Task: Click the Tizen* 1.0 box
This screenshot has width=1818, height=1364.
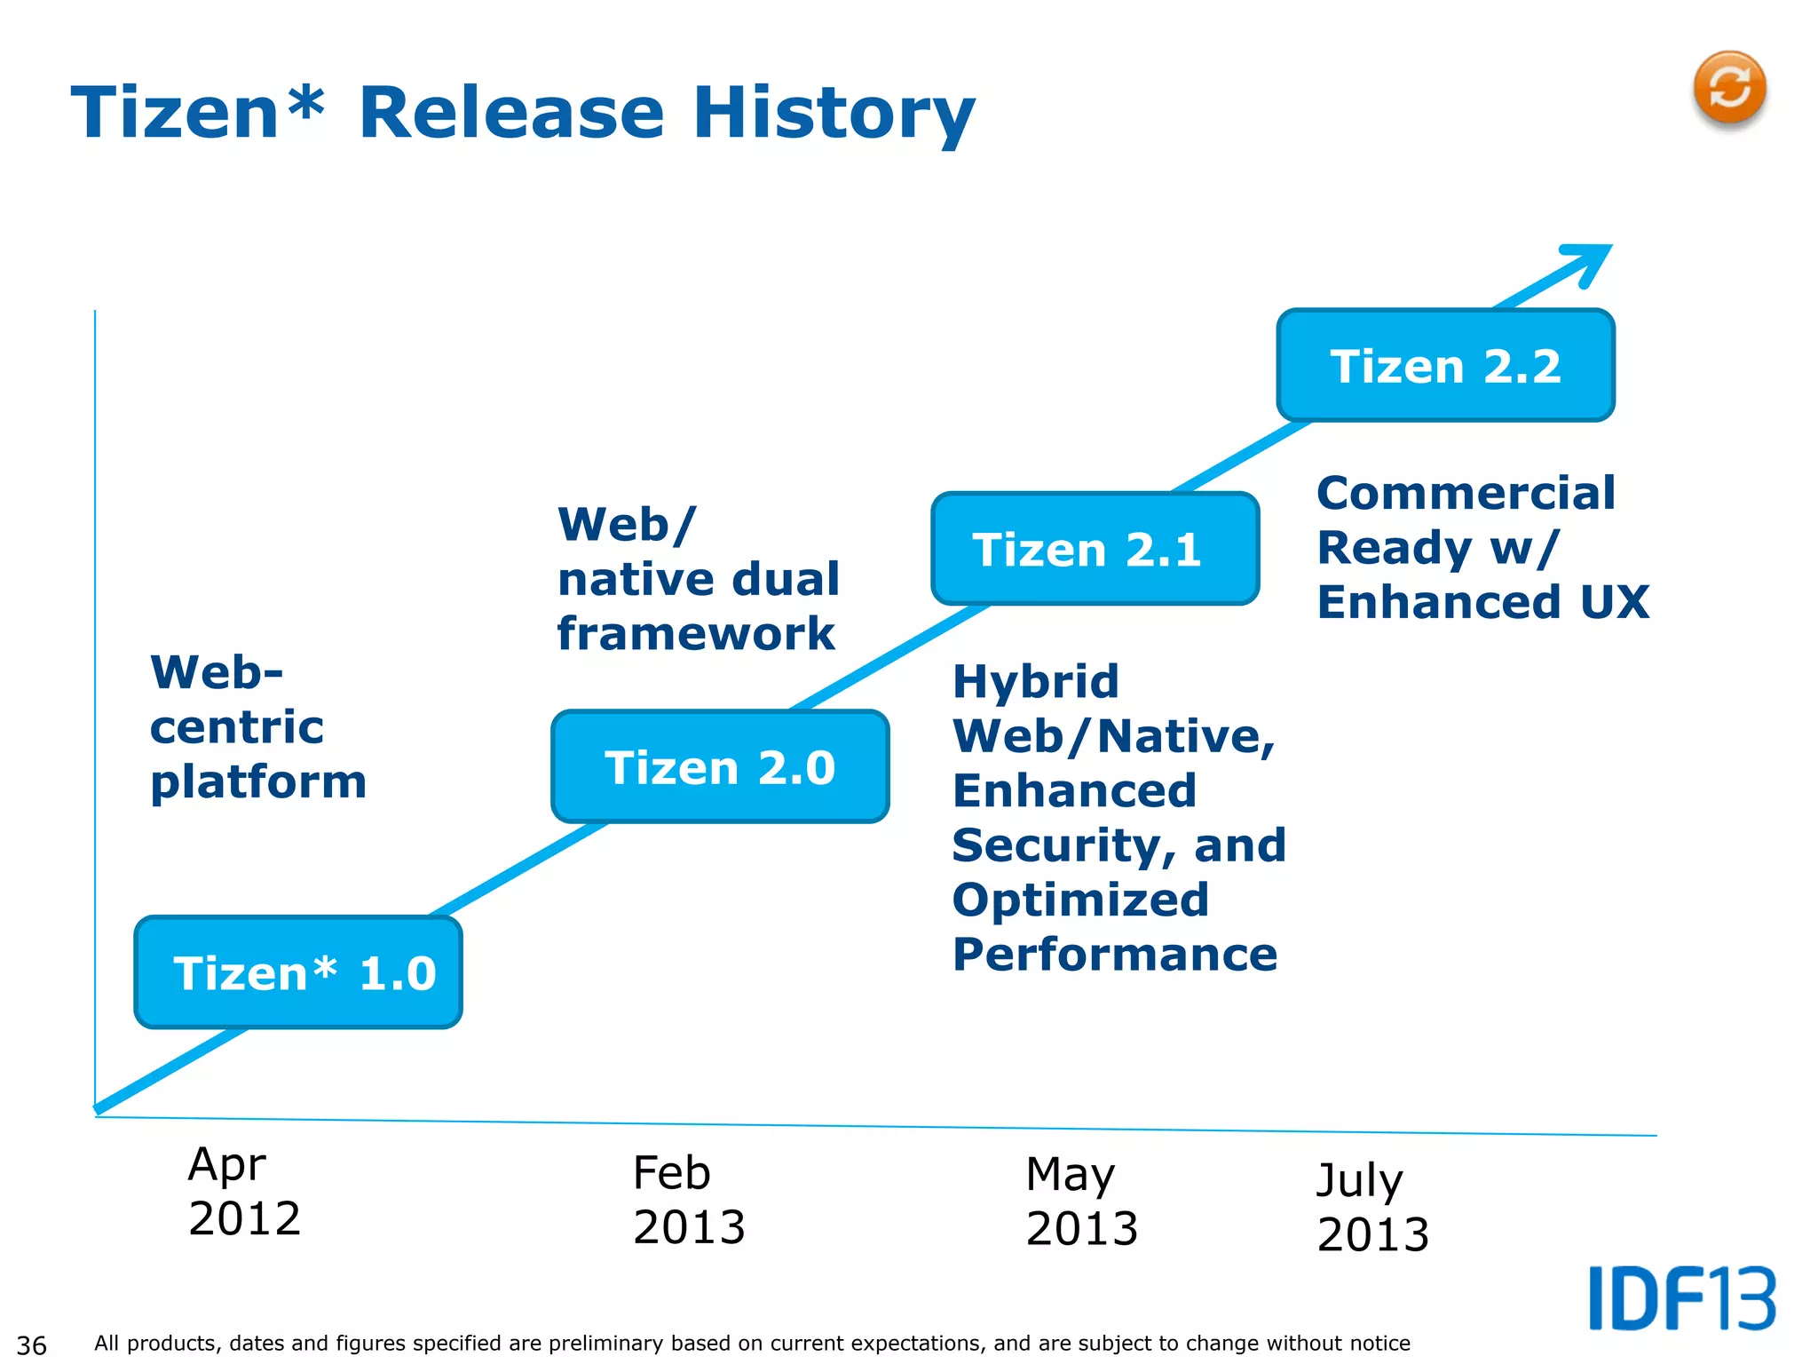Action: pyautogui.click(x=298, y=972)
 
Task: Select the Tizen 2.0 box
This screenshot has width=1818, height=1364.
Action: pyautogui.click(x=720, y=766)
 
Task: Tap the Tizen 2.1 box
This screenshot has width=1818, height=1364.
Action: pyautogui.click(x=1095, y=549)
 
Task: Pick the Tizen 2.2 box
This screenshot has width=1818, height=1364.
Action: pyautogui.click(x=1445, y=365)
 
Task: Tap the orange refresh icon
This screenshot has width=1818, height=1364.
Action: pyautogui.click(x=1728, y=89)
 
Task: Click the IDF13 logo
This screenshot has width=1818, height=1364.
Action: pyautogui.click(x=1681, y=1298)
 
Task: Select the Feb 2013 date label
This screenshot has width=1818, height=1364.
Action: pyautogui.click(x=689, y=1200)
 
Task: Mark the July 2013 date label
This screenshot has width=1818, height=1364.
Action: pyautogui.click(x=1372, y=1207)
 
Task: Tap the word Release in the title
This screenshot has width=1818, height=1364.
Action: pyautogui.click(x=511, y=113)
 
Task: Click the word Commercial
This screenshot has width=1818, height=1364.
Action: pyautogui.click(x=1466, y=493)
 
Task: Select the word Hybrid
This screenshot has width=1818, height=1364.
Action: pyautogui.click(x=1035, y=682)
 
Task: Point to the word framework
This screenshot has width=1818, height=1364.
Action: pyautogui.click(x=696, y=634)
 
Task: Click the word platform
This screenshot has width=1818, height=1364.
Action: pyautogui.click(x=258, y=782)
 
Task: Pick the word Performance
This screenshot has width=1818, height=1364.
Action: pyautogui.click(x=1115, y=955)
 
